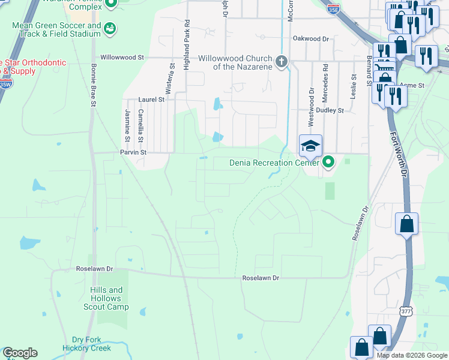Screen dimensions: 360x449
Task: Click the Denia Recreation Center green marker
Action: [328, 162]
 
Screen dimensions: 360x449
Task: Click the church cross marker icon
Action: [281, 61]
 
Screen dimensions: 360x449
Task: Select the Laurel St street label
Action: [151, 100]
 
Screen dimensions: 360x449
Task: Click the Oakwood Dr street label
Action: [311, 38]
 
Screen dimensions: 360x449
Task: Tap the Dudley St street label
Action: [330, 110]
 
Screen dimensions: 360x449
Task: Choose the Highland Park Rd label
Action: [187, 29]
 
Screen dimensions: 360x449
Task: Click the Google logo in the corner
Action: [20, 353]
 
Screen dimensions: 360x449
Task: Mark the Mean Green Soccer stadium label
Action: [57, 31]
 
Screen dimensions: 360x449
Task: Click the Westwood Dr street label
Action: [312, 107]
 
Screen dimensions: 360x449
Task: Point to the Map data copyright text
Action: [411, 355]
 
